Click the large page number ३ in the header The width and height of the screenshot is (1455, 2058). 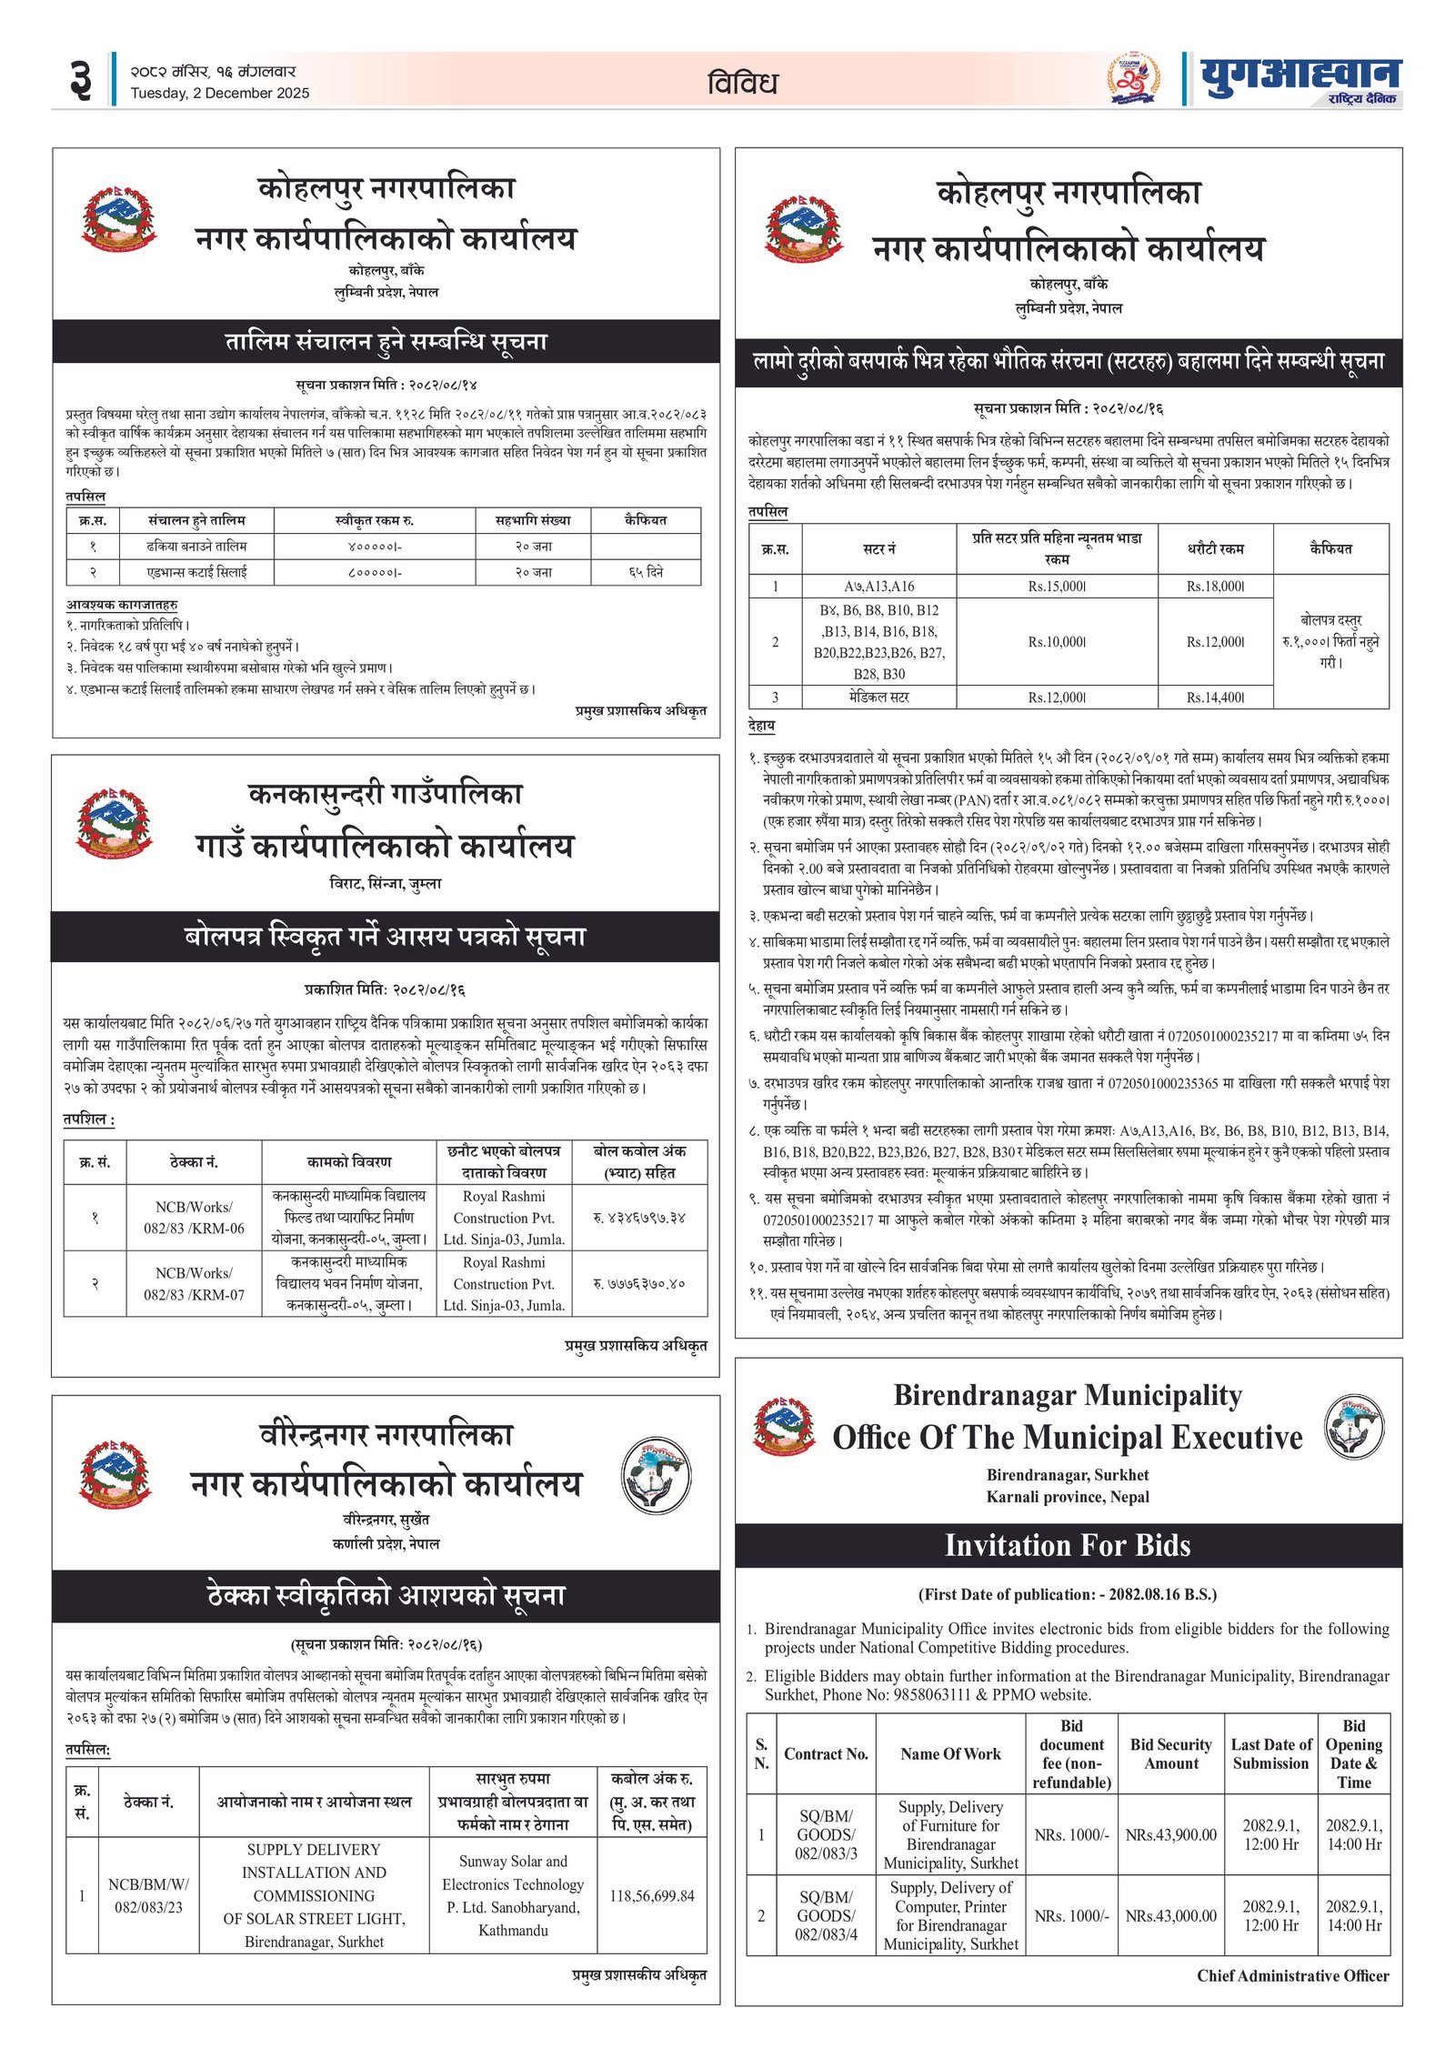[x=80, y=80]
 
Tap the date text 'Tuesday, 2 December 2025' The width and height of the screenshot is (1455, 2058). [x=219, y=93]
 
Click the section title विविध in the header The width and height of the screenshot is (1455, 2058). [x=742, y=84]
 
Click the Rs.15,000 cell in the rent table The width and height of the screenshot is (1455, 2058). [x=1057, y=587]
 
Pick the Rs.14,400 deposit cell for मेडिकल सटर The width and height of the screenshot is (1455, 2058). [x=1215, y=698]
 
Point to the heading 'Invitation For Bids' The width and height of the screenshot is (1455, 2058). [x=1068, y=1545]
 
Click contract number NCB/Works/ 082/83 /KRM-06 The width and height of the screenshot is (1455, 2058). [x=194, y=1218]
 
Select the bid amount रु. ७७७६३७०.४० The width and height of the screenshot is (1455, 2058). [x=638, y=1283]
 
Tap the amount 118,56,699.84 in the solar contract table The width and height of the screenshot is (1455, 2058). [x=651, y=1896]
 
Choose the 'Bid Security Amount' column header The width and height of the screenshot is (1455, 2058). [x=1170, y=1753]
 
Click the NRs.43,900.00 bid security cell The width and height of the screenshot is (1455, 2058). [x=1170, y=1835]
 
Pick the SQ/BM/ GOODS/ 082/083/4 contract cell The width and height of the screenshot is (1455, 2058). [x=826, y=1916]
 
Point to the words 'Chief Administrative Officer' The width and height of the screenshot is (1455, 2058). [x=1292, y=1976]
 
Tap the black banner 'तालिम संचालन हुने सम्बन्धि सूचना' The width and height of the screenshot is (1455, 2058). [x=386, y=342]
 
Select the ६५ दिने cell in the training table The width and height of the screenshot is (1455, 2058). [x=646, y=572]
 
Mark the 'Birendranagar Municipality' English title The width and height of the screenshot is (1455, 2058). [x=1068, y=1395]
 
